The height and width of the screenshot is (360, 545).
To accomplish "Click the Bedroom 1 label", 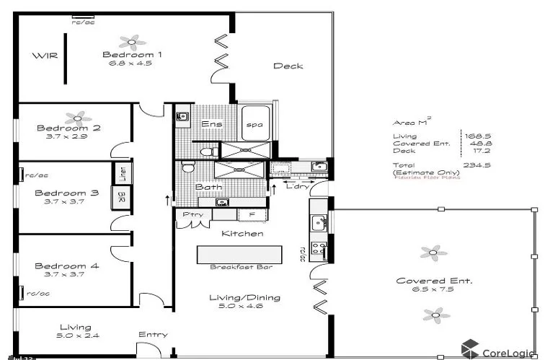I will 132,55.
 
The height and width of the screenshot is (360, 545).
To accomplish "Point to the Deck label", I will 288,66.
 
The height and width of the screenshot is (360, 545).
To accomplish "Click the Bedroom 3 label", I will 66,193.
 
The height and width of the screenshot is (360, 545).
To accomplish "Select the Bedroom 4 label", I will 66,265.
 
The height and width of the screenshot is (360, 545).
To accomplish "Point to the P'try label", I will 192,214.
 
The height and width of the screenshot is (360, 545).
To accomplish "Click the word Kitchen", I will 242,234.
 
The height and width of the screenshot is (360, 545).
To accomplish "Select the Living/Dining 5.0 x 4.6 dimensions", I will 236,306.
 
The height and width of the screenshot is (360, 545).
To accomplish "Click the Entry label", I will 153,334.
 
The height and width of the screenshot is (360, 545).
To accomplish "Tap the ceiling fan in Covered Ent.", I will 430,252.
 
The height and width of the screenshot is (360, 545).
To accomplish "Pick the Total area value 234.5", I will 473,164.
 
